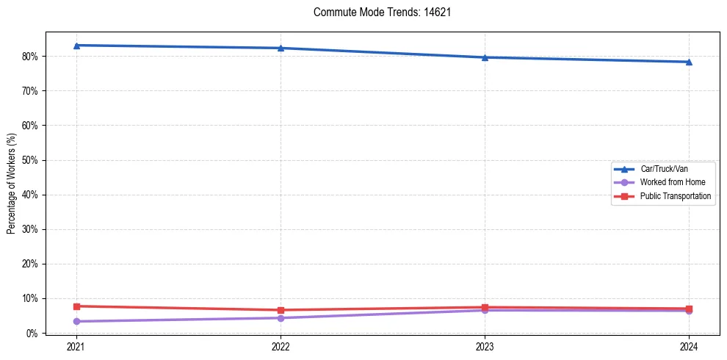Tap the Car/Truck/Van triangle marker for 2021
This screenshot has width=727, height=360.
pos(76,46)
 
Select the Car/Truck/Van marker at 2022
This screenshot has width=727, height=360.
pos(281,48)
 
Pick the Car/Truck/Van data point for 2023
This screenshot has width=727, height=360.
pos(485,57)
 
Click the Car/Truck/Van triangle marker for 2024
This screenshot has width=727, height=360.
pos(689,62)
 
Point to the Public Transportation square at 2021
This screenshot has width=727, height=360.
pos(76,306)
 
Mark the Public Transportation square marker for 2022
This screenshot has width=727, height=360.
pos(281,310)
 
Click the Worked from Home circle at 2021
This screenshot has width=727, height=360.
pos(76,321)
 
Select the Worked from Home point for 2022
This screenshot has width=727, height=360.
pos(281,318)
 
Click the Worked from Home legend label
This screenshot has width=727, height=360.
pos(673,182)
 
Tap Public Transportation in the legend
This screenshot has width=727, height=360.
pos(676,196)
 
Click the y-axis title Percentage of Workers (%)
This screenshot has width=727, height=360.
pos(11,183)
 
